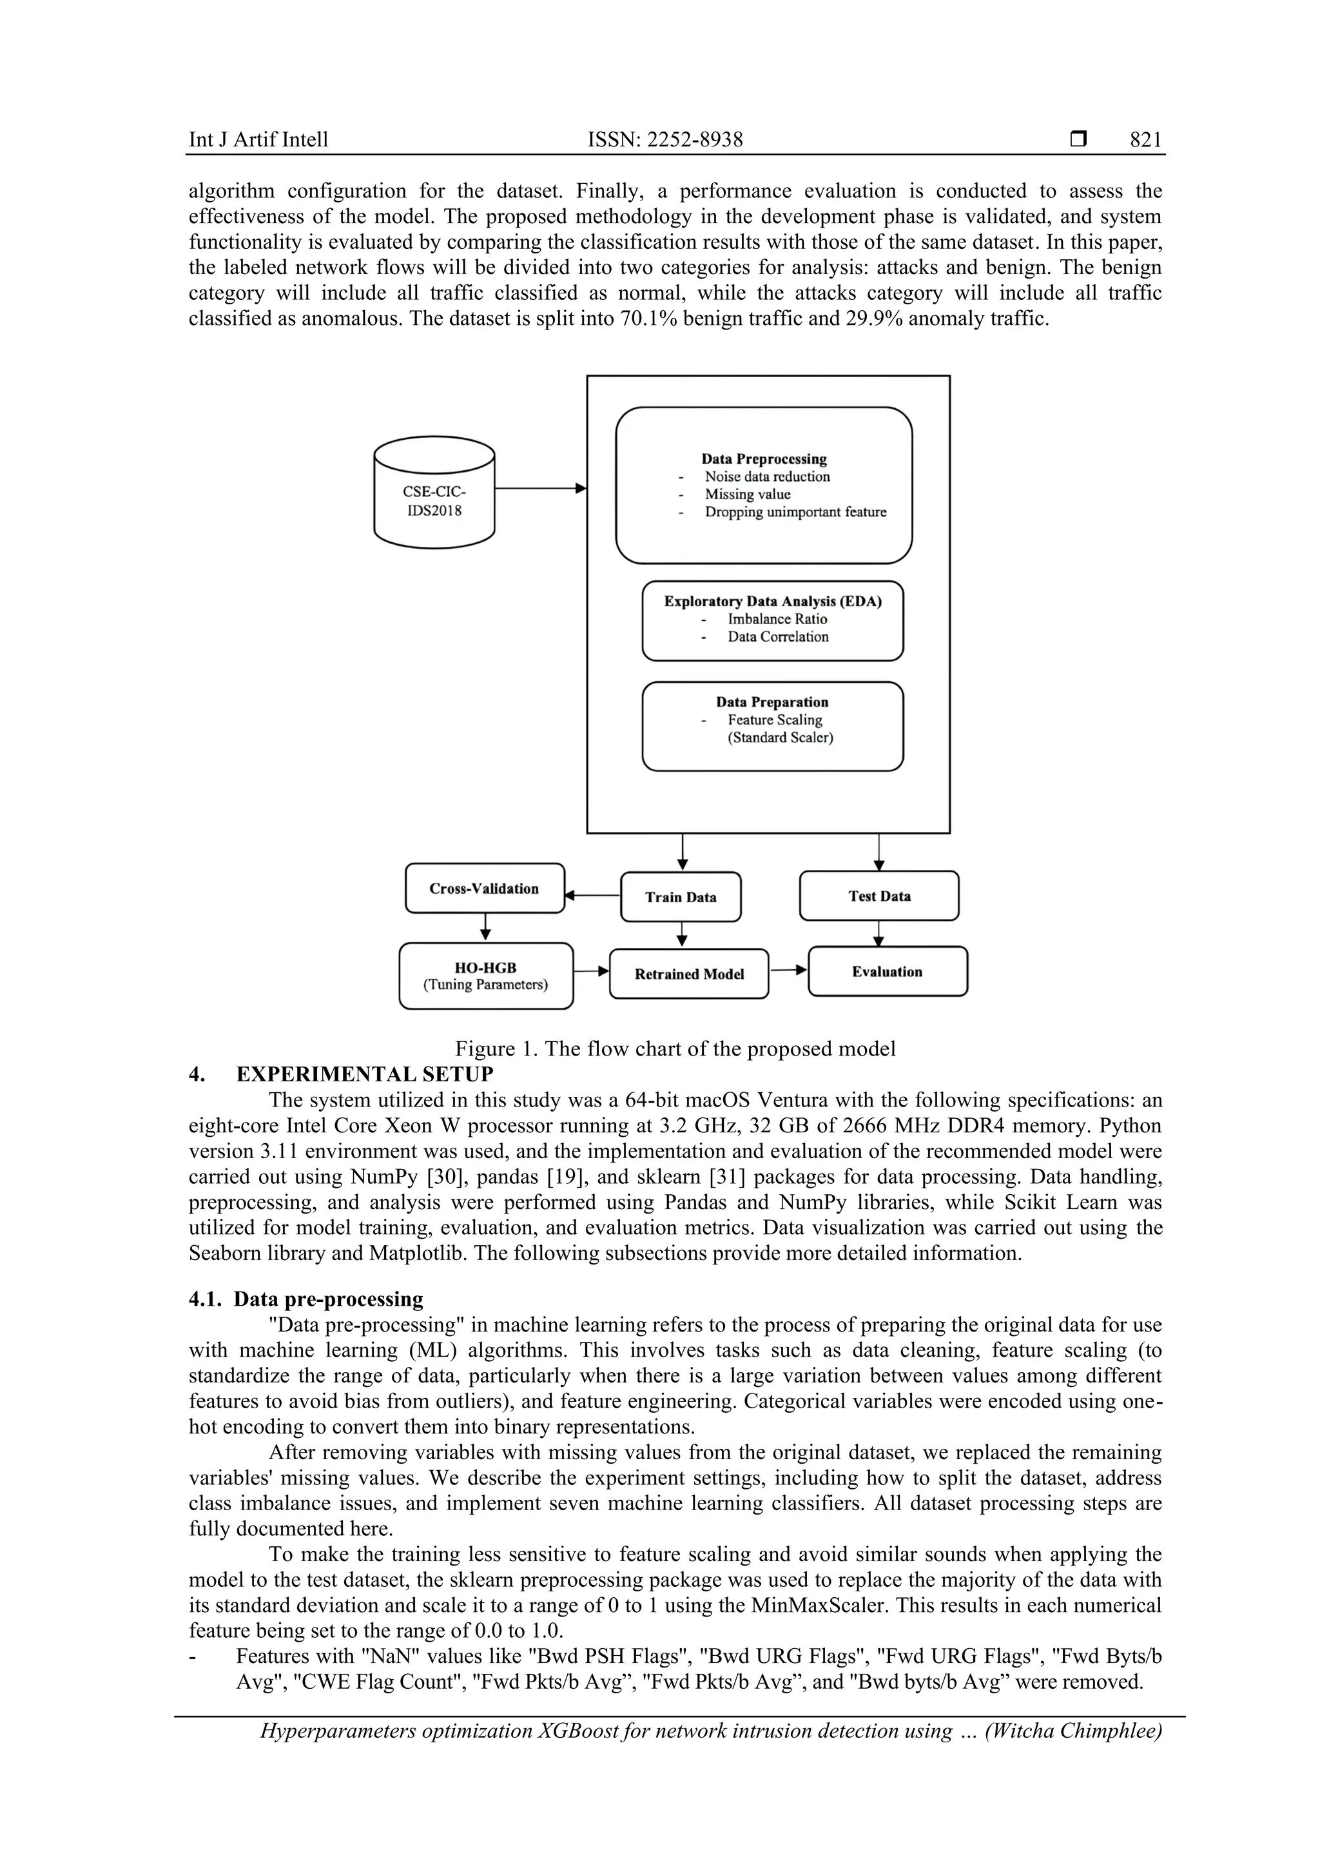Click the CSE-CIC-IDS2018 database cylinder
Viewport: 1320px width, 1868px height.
click(434, 492)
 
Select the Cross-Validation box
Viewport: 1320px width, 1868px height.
click(484, 889)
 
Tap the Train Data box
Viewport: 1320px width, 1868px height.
click(681, 896)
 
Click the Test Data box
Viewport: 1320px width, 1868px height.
click(879, 896)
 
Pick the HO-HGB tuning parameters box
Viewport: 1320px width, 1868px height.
click(485, 976)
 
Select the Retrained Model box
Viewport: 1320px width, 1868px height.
click(689, 974)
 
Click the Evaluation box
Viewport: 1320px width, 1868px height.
click(888, 972)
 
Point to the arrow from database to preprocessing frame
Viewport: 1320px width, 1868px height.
click(540, 488)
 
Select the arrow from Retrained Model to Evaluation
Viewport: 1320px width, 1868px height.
click(788, 970)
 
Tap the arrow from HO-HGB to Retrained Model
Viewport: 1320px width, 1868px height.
click(591, 970)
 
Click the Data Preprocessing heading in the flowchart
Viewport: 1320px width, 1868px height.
click(764, 459)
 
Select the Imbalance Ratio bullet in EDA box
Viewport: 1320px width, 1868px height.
click(777, 619)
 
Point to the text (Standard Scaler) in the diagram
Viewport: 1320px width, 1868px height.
click(780, 738)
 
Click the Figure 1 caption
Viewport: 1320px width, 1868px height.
click(675, 1048)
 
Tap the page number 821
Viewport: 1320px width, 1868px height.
click(1145, 140)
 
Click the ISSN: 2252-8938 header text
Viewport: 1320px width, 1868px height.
click(665, 140)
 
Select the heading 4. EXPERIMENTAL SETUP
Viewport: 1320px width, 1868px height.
click(341, 1074)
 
